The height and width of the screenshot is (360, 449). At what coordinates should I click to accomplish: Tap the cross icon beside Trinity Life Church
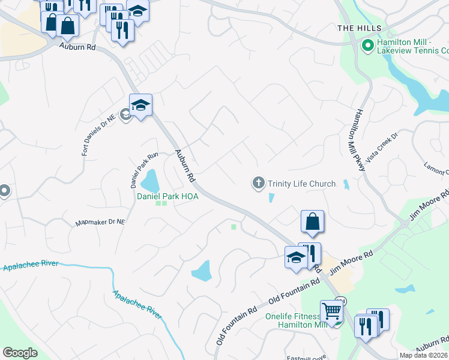259,183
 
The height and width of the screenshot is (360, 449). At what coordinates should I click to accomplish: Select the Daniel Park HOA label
167,196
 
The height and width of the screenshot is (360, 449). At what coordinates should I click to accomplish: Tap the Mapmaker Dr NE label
100,223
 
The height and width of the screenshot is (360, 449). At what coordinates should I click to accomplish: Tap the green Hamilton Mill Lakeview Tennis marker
367,45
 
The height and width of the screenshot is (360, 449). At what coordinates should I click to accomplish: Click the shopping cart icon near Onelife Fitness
331,311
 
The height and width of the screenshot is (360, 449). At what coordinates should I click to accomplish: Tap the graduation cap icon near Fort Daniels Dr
140,105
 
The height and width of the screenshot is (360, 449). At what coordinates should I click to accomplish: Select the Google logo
20,352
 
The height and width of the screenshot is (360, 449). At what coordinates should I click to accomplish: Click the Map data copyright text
424,355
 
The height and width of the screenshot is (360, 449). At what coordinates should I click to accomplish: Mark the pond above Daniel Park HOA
149,179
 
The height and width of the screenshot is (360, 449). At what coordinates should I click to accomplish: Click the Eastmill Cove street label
306,357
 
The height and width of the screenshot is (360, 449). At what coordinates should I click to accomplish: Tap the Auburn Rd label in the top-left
78,46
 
